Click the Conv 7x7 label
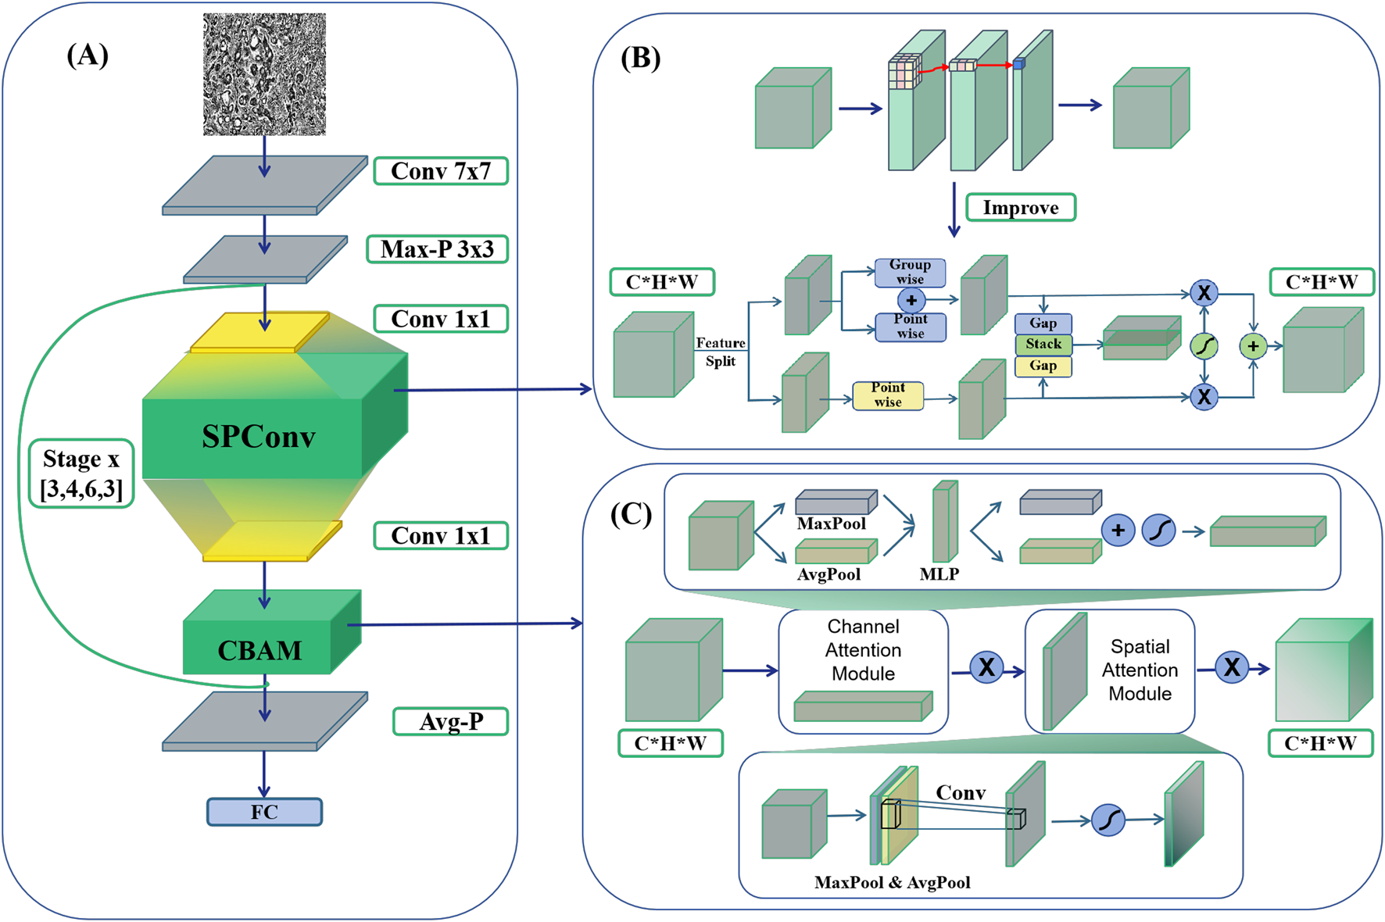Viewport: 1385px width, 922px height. tap(441, 171)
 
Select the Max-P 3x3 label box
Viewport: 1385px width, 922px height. tap(437, 249)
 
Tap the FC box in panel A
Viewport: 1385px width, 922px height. tap(264, 812)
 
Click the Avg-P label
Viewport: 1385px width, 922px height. tap(451, 721)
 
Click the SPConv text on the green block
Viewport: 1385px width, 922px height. tap(258, 437)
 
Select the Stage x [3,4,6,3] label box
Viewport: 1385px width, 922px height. tap(81, 474)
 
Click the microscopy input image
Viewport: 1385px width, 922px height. tap(264, 74)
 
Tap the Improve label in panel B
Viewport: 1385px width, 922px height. tap(1021, 208)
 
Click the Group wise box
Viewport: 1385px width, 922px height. tap(910, 272)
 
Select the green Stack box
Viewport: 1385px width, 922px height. tap(1043, 344)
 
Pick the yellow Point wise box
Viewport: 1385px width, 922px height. tap(888, 395)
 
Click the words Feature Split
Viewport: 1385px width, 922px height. tap(720, 352)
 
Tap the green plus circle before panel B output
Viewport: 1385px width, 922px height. tap(1253, 346)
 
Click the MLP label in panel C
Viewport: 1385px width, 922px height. tap(939, 574)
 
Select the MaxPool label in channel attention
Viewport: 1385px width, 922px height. tap(831, 524)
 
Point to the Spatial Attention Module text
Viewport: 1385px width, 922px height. tap(1140, 670)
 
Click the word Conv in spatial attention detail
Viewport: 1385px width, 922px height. tap(961, 792)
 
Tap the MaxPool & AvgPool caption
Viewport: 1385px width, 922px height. tap(892, 882)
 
